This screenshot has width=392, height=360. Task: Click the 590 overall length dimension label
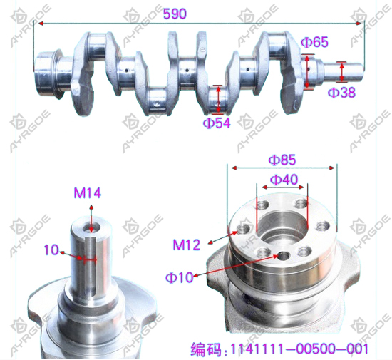click(x=175, y=14)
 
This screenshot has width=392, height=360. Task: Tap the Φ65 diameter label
click(x=314, y=43)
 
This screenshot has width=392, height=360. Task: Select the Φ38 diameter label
click(x=341, y=93)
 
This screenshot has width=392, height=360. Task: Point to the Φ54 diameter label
click(x=217, y=123)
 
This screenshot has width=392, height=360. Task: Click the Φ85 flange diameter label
click(x=282, y=160)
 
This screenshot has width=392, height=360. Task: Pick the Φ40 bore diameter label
click(x=284, y=180)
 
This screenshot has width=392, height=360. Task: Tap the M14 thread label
click(x=87, y=193)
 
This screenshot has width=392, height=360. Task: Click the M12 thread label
click(x=187, y=245)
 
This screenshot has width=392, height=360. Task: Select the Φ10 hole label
click(x=180, y=277)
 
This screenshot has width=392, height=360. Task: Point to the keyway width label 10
click(x=51, y=250)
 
